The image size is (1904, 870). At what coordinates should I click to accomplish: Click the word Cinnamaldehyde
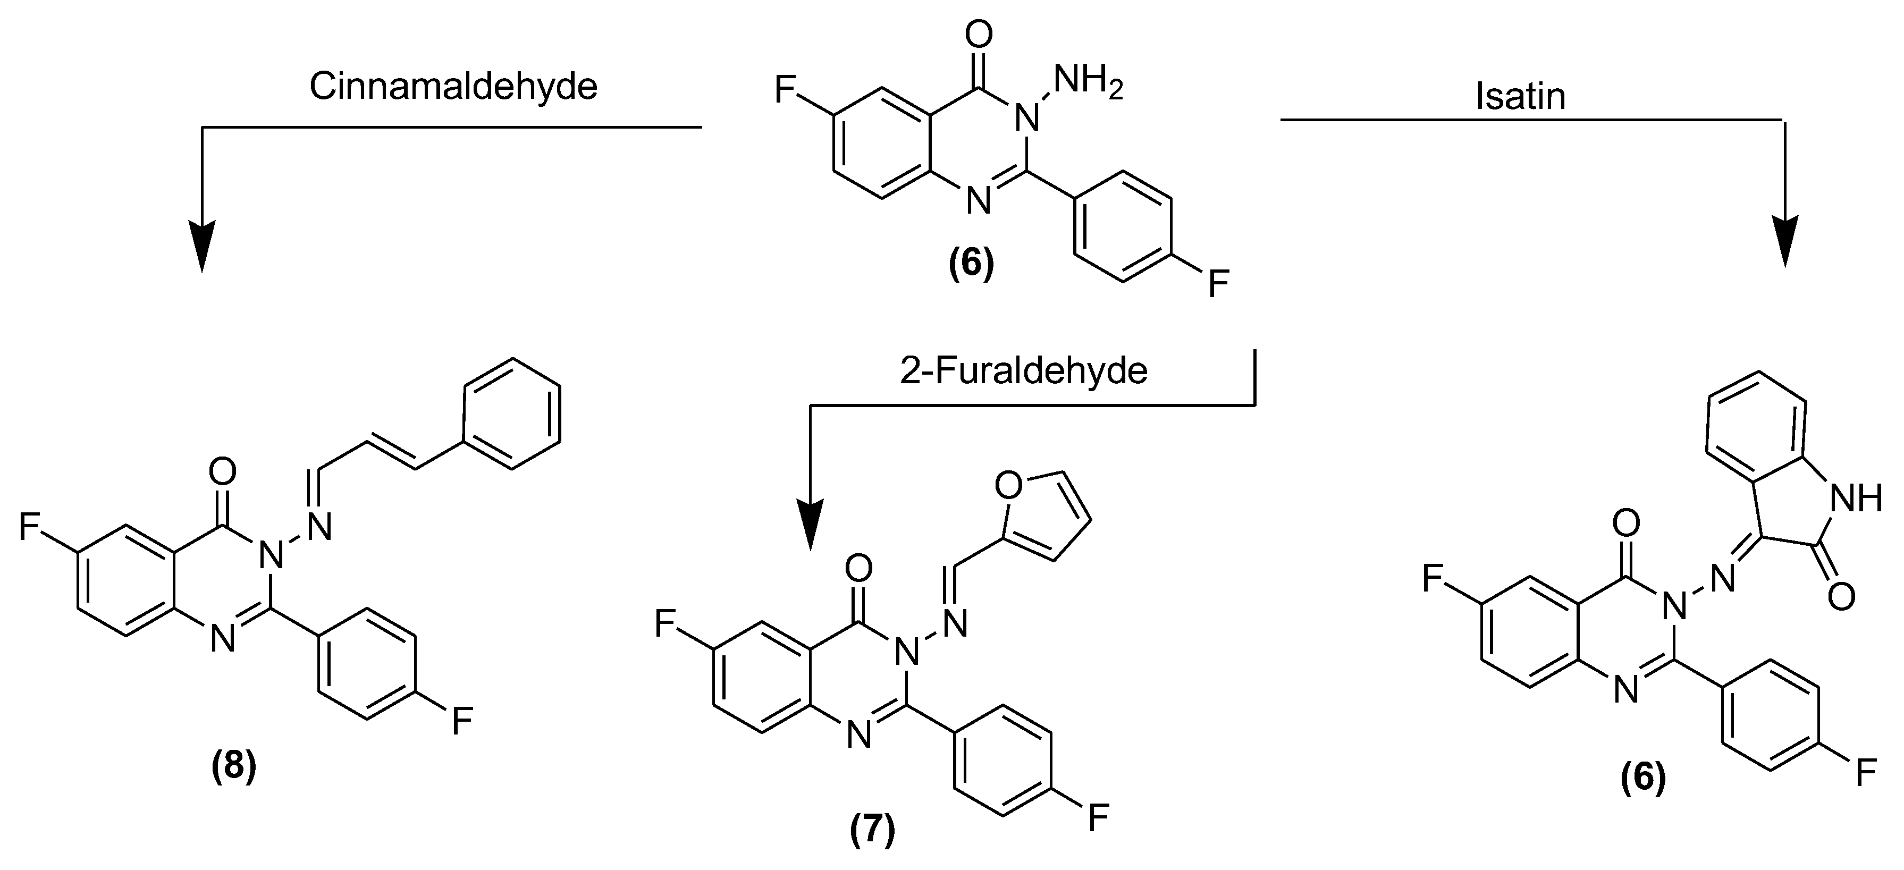pos(452,87)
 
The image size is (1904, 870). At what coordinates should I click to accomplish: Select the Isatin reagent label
pos(1520,97)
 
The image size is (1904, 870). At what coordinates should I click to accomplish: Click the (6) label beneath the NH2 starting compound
pos(971,264)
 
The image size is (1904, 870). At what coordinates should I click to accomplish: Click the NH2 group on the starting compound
pos(1087,81)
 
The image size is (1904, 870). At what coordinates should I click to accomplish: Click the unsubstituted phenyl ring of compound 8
pos(511,414)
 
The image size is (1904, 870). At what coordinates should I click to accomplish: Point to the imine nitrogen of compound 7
pos(956,623)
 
